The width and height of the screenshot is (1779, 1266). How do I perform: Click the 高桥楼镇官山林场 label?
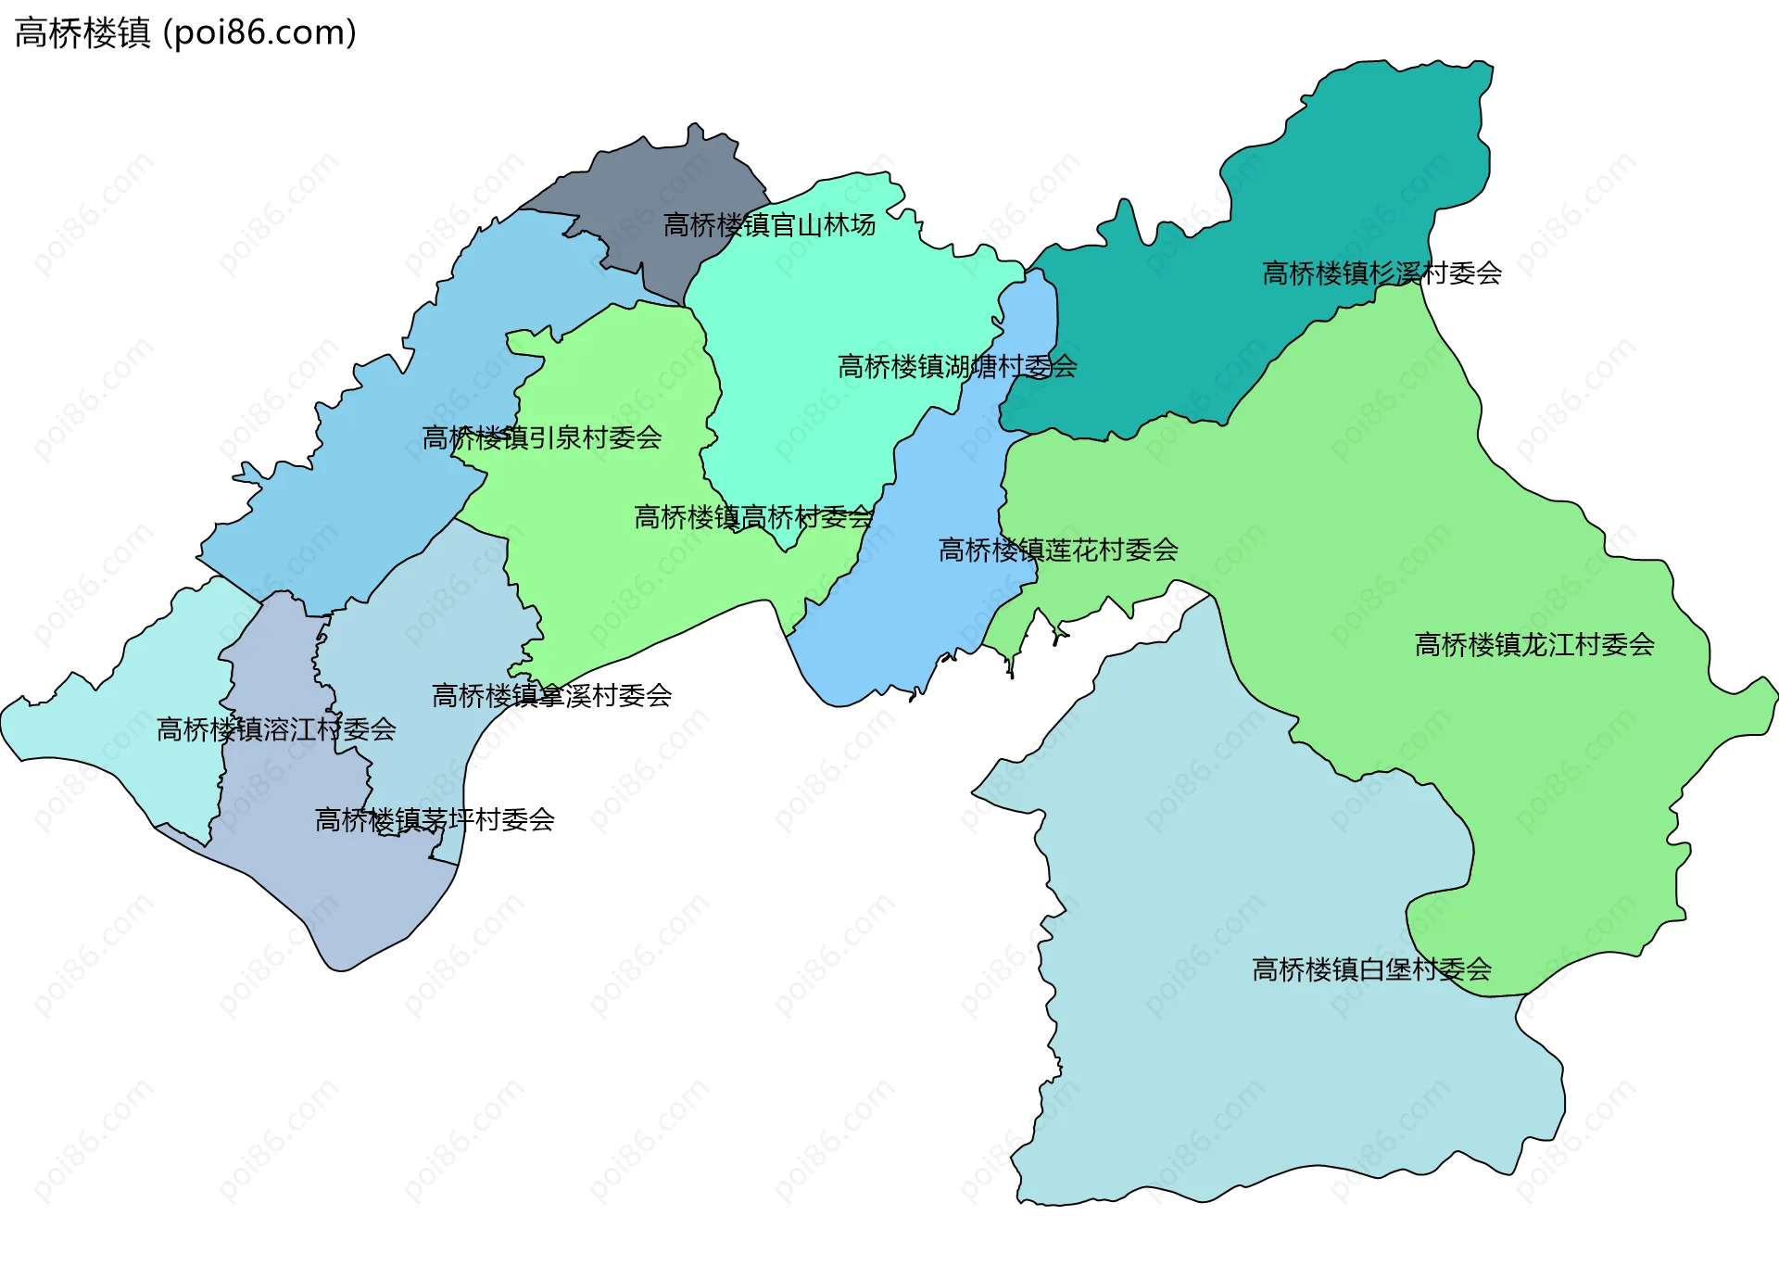[769, 225]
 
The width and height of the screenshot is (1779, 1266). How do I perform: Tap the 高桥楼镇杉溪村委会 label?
[1382, 273]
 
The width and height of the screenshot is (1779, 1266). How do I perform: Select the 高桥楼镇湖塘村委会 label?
[957, 367]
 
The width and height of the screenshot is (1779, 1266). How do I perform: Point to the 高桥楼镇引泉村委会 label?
[542, 437]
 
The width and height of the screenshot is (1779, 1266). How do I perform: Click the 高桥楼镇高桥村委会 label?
[753, 517]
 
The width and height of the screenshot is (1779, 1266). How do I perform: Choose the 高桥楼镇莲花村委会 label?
[1058, 551]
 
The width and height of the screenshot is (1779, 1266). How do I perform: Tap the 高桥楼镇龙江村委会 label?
[1534, 645]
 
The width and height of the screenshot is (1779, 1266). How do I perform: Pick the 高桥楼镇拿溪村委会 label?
[551, 696]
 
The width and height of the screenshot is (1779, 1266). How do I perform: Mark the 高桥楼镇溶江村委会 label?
[276, 730]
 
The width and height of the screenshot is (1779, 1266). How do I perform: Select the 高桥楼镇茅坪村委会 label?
[435, 820]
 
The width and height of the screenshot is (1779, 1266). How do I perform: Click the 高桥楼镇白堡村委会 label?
[1371, 970]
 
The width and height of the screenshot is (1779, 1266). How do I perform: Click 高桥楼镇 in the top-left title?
[82, 33]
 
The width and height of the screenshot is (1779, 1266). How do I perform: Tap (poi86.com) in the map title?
[259, 33]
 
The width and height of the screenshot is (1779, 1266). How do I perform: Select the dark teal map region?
[1344, 185]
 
